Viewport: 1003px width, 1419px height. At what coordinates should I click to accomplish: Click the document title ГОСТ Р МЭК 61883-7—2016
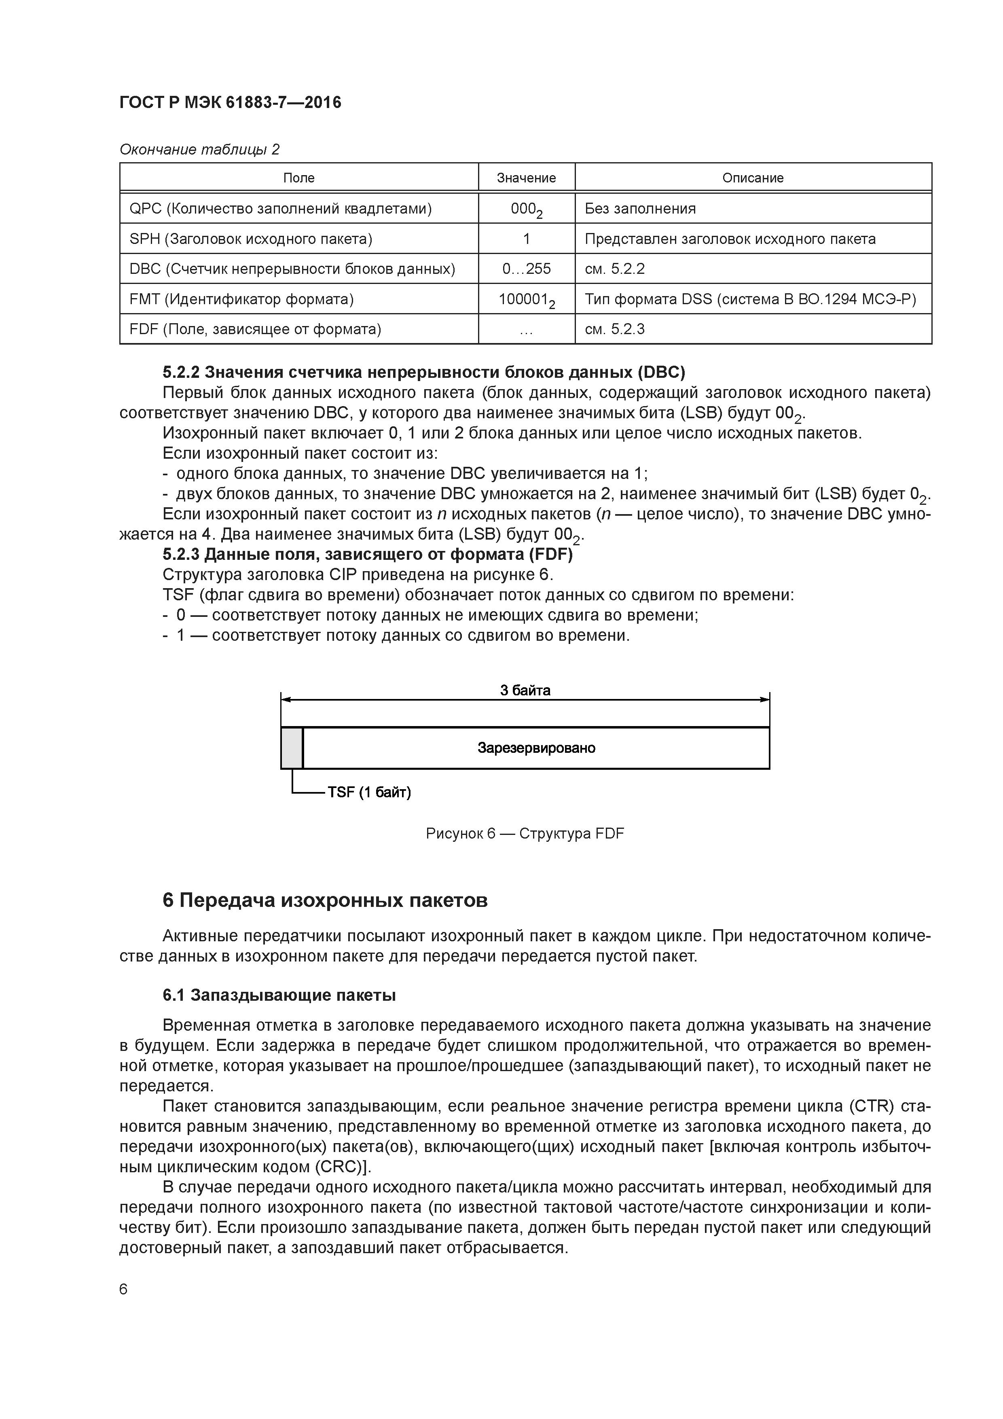(230, 103)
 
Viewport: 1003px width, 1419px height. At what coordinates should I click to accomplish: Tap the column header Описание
(752, 178)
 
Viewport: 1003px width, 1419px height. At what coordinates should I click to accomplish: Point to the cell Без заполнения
(640, 208)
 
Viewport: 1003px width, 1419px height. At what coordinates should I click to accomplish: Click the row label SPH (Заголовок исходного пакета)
(250, 239)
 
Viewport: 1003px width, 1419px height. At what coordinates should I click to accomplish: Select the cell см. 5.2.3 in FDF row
(614, 329)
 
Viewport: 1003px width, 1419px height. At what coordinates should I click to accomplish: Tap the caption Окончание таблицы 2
(199, 149)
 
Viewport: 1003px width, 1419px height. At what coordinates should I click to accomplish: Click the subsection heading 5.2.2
(423, 372)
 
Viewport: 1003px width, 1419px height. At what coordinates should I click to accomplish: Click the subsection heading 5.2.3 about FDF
(367, 555)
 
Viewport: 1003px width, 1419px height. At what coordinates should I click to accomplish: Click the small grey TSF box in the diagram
(292, 748)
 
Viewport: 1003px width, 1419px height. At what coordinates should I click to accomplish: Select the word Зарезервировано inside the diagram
(536, 748)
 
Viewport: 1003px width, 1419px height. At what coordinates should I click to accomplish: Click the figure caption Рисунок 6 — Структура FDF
(525, 834)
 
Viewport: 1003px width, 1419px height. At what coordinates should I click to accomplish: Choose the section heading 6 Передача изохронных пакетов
(324, 900)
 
